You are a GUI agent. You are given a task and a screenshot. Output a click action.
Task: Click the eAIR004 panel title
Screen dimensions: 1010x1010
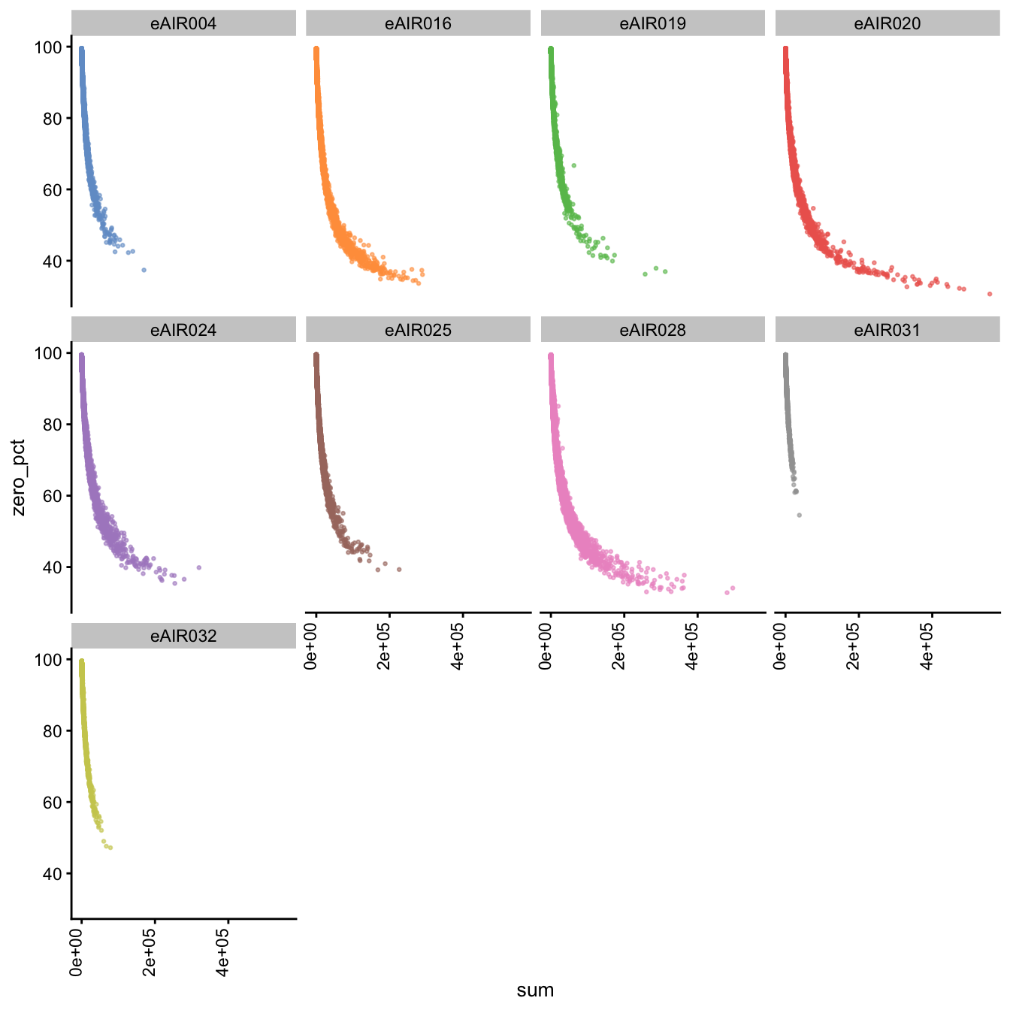tap(183, 24)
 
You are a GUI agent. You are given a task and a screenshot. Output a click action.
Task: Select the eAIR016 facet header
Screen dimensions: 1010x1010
tap(418, 24)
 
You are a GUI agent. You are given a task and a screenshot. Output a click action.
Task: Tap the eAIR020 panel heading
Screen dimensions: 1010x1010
tap(887, 24)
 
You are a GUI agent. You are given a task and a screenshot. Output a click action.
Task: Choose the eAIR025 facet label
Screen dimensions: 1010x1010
tap(418, 330)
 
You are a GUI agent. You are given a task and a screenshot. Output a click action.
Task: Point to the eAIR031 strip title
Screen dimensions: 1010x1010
tap(887, 330)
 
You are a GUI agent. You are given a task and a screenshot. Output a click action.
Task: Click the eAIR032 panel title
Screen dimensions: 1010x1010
tap(183, 636)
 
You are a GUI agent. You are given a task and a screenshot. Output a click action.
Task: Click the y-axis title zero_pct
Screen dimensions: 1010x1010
tap(19, 477)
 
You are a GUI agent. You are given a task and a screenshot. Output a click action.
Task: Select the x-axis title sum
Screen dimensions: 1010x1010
tap(535, 990)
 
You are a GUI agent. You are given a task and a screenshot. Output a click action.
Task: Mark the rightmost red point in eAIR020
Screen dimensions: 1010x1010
tap(990, 294)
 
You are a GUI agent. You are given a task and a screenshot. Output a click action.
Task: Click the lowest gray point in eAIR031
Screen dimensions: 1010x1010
tap(799, 515)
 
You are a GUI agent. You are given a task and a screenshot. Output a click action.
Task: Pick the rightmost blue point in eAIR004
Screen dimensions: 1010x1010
tap(144, 270)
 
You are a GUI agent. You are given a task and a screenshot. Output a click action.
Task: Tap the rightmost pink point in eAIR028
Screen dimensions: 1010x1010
tap(733, 588)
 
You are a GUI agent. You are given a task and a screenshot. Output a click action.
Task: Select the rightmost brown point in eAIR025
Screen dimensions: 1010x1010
tap(399, 569)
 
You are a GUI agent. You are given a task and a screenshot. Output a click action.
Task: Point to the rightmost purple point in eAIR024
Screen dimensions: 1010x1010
tap(198, 567)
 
